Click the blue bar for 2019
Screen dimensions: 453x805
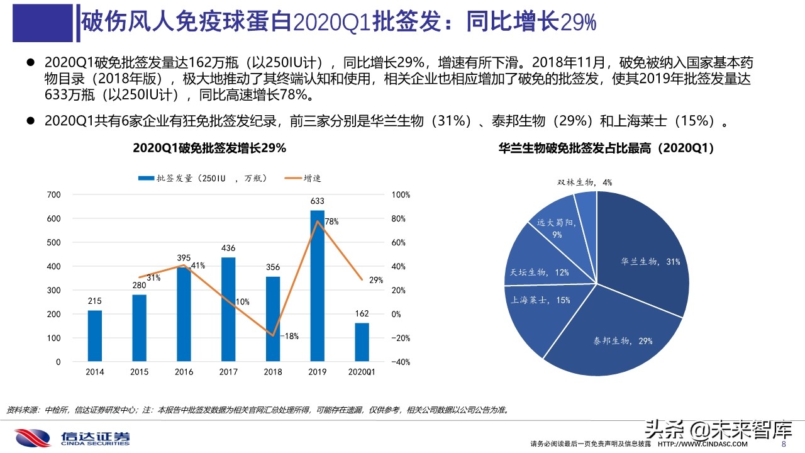point(318,286)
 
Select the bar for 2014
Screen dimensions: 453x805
point(94,336)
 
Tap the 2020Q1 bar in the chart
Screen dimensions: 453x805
point(362,342)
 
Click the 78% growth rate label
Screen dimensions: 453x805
point(331,221)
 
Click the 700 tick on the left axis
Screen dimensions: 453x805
point(54,195)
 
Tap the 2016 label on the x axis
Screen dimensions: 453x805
point(184,372)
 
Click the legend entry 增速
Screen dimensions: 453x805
point(305,179)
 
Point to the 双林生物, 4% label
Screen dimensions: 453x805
point(584,182)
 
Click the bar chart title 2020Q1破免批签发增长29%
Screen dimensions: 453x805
point(209,148)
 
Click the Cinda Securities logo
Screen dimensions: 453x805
point(72,437)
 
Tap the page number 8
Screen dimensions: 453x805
point(783,444)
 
